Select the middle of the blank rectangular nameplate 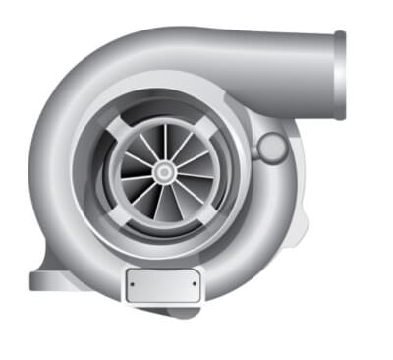coord(163,285)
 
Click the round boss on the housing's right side coord(272,149)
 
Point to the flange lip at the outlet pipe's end coord(340,76)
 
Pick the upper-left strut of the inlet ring coord(119,129)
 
